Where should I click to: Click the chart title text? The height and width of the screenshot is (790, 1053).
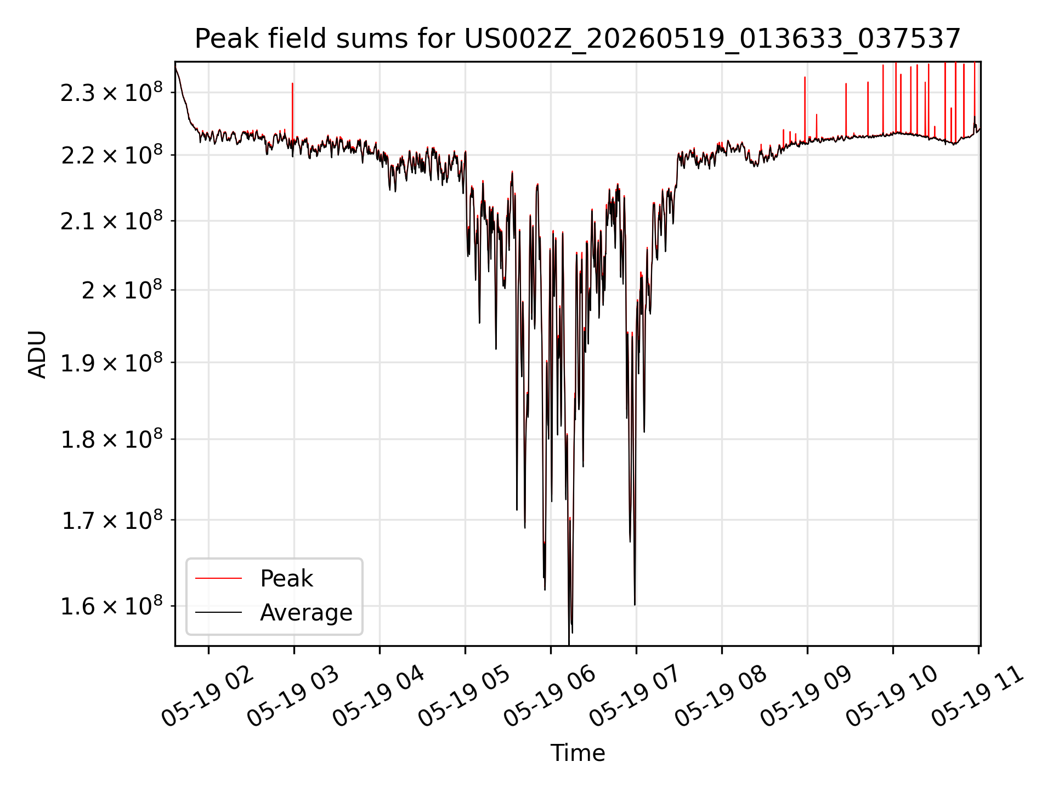tap(578, 39)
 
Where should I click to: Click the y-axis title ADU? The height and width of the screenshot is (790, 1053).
tap(37, 354)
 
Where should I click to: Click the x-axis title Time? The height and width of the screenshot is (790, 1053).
tap(578, 753)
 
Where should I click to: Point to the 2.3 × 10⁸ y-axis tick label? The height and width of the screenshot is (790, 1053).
tap(111, 92)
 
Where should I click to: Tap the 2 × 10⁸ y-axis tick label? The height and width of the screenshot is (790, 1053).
tap(122, 290)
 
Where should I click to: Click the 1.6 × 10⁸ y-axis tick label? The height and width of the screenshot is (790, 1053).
tap(111, 606)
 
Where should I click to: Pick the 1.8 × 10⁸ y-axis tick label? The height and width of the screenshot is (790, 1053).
tap(111, 439)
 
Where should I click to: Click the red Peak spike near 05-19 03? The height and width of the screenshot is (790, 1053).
tap(292, 110)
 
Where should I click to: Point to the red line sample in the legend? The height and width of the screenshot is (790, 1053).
tap(218, 578)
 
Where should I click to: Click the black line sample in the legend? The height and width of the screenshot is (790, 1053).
tap(218, 612)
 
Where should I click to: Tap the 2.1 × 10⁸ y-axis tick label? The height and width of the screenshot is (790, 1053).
tap(111, 221)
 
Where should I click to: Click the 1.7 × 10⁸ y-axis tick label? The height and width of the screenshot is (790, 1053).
tap(111, 520)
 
